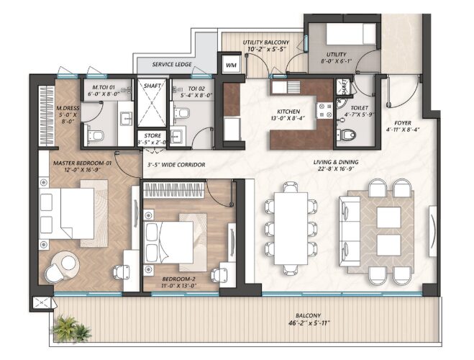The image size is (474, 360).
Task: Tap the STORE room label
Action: pyautogui.click(x=152, y=135)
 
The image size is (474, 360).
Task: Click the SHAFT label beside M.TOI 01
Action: pyautogui.click(x=152, y=85)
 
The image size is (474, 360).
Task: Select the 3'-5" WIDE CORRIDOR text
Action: pyautogui.click(x=176, y=165)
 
